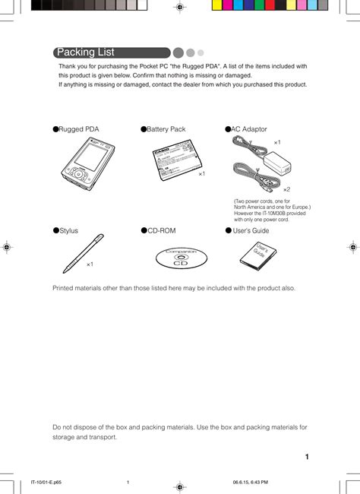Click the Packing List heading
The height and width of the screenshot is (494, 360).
(86, 52)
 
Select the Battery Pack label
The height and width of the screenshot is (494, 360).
(166, 129)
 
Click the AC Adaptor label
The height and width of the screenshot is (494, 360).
(249, 129)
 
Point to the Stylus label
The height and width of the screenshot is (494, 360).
(68, 230)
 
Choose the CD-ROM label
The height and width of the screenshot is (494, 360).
(162, 230)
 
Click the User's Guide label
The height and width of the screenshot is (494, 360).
(251, 230)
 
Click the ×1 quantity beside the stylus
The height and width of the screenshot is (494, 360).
(90, 264)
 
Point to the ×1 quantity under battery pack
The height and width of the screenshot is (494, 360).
(202, 174)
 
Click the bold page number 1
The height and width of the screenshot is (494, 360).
(306, 457)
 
